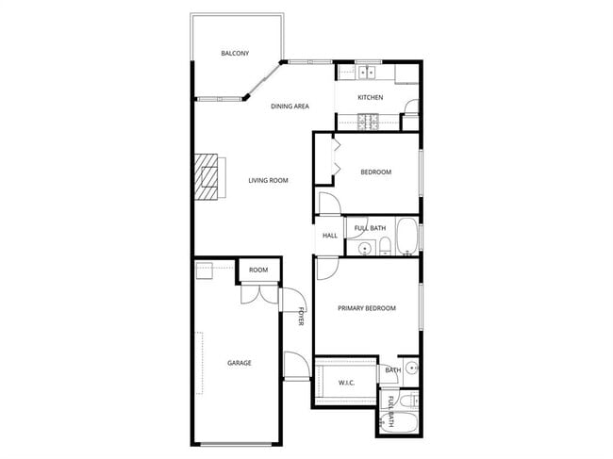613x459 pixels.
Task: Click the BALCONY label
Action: click(x=235, y=54)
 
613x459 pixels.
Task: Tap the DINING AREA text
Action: click(x=290, y=107)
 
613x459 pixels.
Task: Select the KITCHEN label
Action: click(x=370, y=98)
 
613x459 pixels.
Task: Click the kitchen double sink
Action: click(x=366, y=72)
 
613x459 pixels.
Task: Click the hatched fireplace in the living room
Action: click(x=207, y=176)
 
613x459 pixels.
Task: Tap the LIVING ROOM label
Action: click(x=268, y=180)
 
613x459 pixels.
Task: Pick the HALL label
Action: click(x=330, y=236)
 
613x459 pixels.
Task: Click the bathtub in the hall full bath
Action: click(x=406, y=238)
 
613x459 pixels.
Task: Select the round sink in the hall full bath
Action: click(x=364, y=248)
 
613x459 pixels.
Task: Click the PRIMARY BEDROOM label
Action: click(x=367, y=308)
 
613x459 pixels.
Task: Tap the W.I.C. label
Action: click(x=346, y=382)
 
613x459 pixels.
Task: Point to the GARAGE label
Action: click(x=239, y=363)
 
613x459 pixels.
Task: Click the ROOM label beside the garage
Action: click(x=258, y=270)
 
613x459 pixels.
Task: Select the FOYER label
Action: click(x=302, y=317)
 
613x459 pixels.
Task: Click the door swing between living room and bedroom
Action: click(x=325, y=205)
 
